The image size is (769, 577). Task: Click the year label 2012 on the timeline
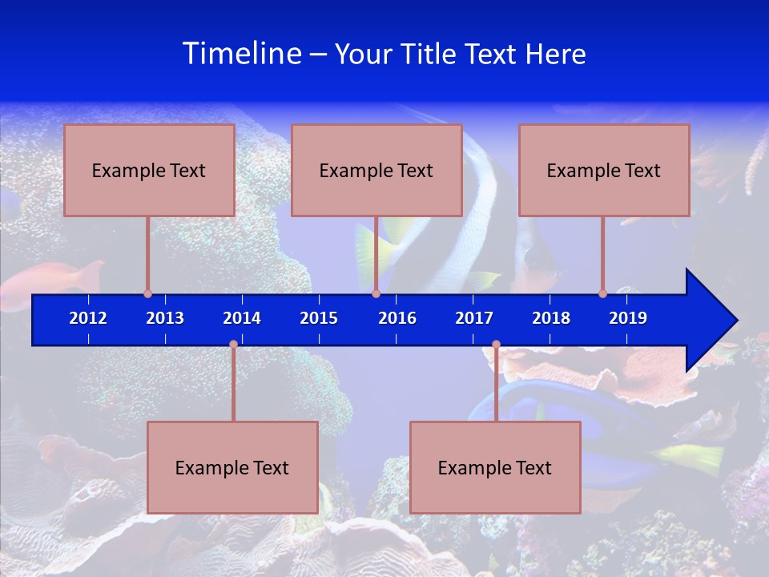pos(88,318)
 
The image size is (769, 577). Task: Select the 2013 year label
pos(165,318)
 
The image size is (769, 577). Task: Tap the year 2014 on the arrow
pos(242,318)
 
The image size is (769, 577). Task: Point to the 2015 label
pos(319,318)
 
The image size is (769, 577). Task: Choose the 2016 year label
pos(397,318)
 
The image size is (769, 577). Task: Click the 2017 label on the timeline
pos(474,318)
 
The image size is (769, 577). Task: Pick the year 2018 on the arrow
pos(551,318)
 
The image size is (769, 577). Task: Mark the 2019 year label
pos(628,318)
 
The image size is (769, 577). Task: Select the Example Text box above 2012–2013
pos(149,170)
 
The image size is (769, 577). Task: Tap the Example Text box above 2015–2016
pos(376,170)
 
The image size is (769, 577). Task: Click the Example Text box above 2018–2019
pos(604,170)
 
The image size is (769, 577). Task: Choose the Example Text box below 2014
pos(232,467)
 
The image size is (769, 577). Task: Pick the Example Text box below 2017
pos(495,467)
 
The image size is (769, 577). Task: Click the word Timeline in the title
pos(242,54)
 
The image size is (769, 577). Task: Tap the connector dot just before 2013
pos(147,293)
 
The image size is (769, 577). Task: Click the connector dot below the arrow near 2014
pos(233,345)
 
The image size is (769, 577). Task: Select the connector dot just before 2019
pos(602,293)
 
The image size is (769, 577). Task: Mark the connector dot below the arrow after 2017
pos(496,345)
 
